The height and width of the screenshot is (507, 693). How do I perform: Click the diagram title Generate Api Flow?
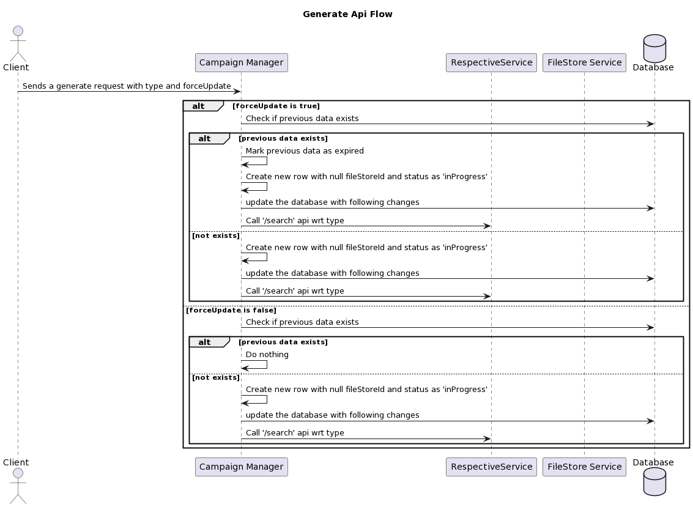coord(347,14)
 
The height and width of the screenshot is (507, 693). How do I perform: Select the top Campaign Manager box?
coord(241,62)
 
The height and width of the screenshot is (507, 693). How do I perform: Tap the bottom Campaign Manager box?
coord(241,467)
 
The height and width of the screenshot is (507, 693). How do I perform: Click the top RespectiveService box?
coord(491,62)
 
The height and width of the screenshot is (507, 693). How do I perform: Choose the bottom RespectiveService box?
coord(491,467)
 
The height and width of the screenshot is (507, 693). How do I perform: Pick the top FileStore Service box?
coord(584,62)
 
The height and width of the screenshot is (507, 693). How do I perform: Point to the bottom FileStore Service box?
coord(584,467)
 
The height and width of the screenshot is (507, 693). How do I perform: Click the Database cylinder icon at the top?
coord(654,48)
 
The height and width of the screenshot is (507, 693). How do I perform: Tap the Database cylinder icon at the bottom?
coord(654,481)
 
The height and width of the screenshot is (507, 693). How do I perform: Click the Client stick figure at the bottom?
coord(18,486)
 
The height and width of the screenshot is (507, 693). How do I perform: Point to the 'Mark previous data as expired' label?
coord(305,151)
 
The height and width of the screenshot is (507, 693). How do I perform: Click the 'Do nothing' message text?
coord(267,355)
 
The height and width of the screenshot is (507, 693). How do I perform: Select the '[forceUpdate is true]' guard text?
coord(276,106)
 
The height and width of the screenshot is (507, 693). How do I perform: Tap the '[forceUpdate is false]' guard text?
coord(231,310)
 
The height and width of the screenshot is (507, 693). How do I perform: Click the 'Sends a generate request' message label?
coord(127,86)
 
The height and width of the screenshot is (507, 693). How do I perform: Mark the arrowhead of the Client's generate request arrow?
coord(237,92)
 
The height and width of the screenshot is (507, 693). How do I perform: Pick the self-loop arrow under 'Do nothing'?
coord(256,365)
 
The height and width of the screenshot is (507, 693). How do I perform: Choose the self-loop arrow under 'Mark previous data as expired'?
coord(256,161)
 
